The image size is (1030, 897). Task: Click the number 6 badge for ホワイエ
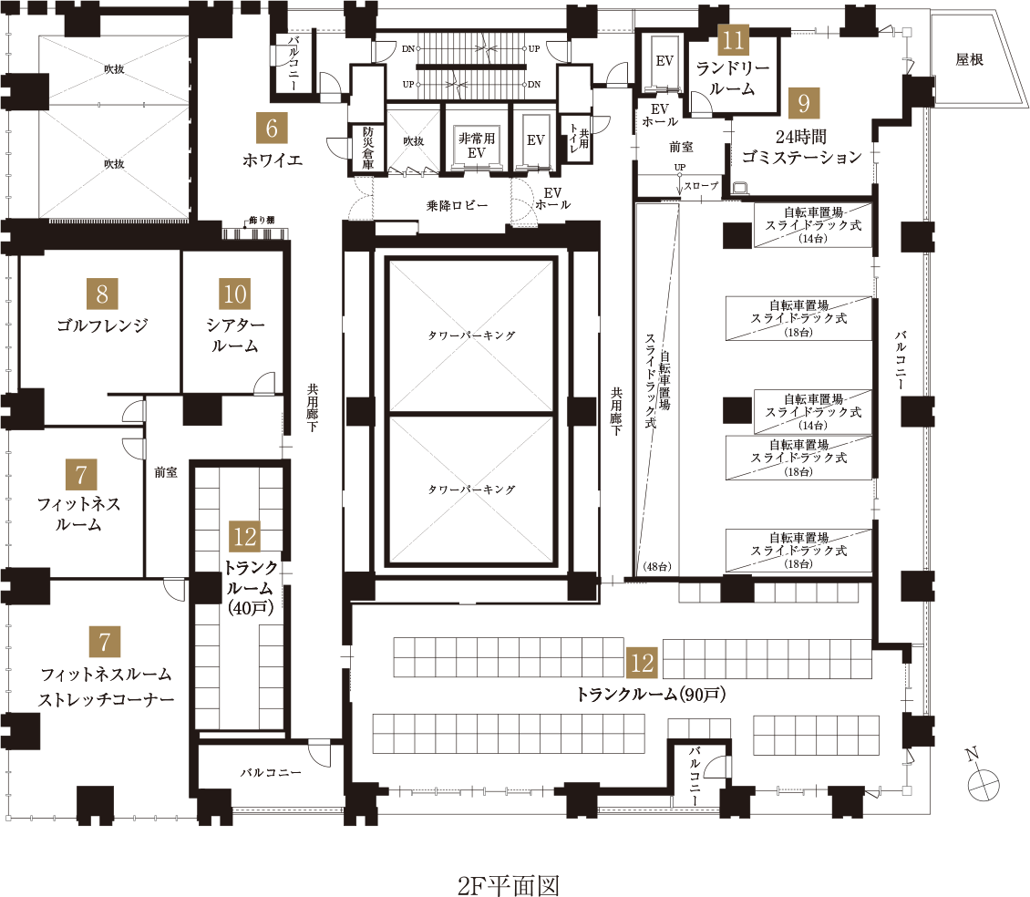pos(272,129)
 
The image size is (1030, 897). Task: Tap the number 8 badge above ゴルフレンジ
pos(101,294)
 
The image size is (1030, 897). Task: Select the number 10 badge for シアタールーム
pos(234,294)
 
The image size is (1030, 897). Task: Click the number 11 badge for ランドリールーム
pos(733,39)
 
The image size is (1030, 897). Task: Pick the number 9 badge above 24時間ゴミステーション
pos(803,103)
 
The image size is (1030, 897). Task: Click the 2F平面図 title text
pos(508,884)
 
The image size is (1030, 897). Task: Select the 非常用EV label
pos(476,146)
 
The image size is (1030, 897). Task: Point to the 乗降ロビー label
pos(457,205)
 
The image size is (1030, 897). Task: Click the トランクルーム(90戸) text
pos(650,695)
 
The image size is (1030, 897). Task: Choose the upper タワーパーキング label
pos(471,335)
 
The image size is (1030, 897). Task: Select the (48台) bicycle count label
pos(656,567)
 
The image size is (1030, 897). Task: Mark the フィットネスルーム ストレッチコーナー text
pos(106,687)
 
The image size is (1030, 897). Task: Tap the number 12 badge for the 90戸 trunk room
pos(643,663)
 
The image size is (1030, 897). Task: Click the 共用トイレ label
pos(576,141)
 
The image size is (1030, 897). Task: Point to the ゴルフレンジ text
pos(102,325)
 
